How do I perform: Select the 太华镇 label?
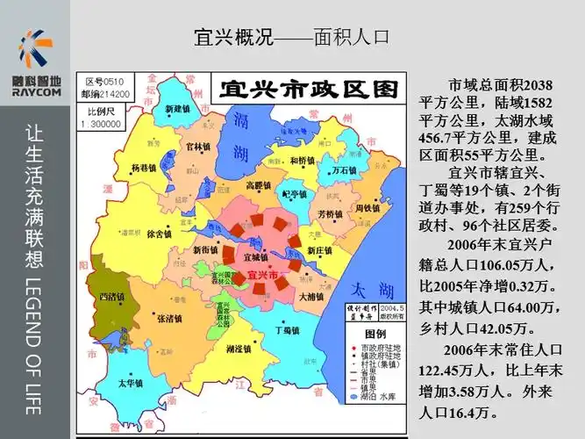[x=131, y=383]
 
